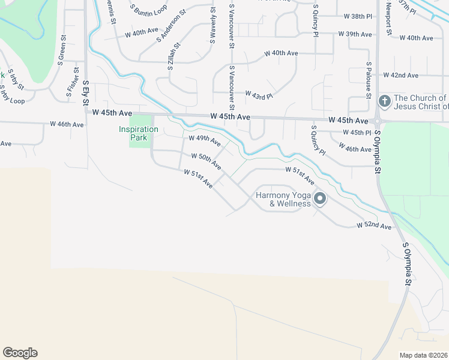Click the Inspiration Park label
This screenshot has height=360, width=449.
pyautogui.click(x=139, y=133)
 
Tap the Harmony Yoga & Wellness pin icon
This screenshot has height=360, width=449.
pyautogui.click(x=320, y=198)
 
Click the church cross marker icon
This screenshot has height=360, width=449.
pyautogui.click(x=385, y=100)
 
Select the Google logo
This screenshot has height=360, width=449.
pyautogui.click(x=20, y=353)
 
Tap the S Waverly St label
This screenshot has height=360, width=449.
pyautogui.click(x=212, y=27)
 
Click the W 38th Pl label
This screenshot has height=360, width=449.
pyautogui.click(x=358, y=16)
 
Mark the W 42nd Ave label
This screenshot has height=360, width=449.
pyautogui.click(x=404, y=76)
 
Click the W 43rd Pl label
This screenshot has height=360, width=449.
pyautogui.click(x=259, y=94)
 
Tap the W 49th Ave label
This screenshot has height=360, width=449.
pyautogui.click(x=204, y=140)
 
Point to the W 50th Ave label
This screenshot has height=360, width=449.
pyautogui.click(x=206, y=160)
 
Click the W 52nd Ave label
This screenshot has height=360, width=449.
pyautogui.click(x=373, y=226)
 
